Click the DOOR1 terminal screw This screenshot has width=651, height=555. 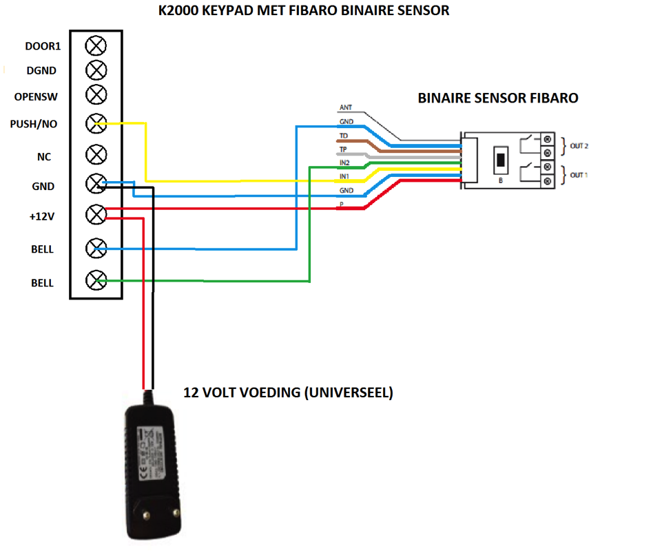click(96, 46)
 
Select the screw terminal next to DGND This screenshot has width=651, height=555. click(96, 70)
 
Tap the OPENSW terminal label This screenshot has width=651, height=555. click(35, 97)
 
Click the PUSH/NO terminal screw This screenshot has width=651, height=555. click(96, 124)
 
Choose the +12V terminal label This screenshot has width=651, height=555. click(41, 217)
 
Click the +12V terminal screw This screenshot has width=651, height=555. click(96, 215)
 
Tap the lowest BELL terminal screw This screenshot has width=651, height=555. click(96, 280)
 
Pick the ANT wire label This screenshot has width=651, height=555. click(346, 108)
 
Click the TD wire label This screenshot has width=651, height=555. click(344, 136)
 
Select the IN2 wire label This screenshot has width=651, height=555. click(345, 163)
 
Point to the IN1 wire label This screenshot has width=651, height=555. click(345, 176)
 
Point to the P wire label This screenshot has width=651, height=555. click(341, 205)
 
